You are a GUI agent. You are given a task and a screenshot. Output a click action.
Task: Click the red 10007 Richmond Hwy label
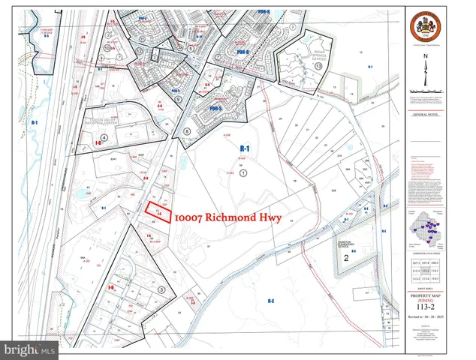(x=227, y=217)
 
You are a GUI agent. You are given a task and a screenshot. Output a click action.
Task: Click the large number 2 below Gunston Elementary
(x=346, y=258)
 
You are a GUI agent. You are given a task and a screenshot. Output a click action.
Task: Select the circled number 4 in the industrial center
(x=104, y=138)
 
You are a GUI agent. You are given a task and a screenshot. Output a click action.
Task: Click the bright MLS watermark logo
(x=30, y=349)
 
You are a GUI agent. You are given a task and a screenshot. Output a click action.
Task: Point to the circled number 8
(x=185, y=131)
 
